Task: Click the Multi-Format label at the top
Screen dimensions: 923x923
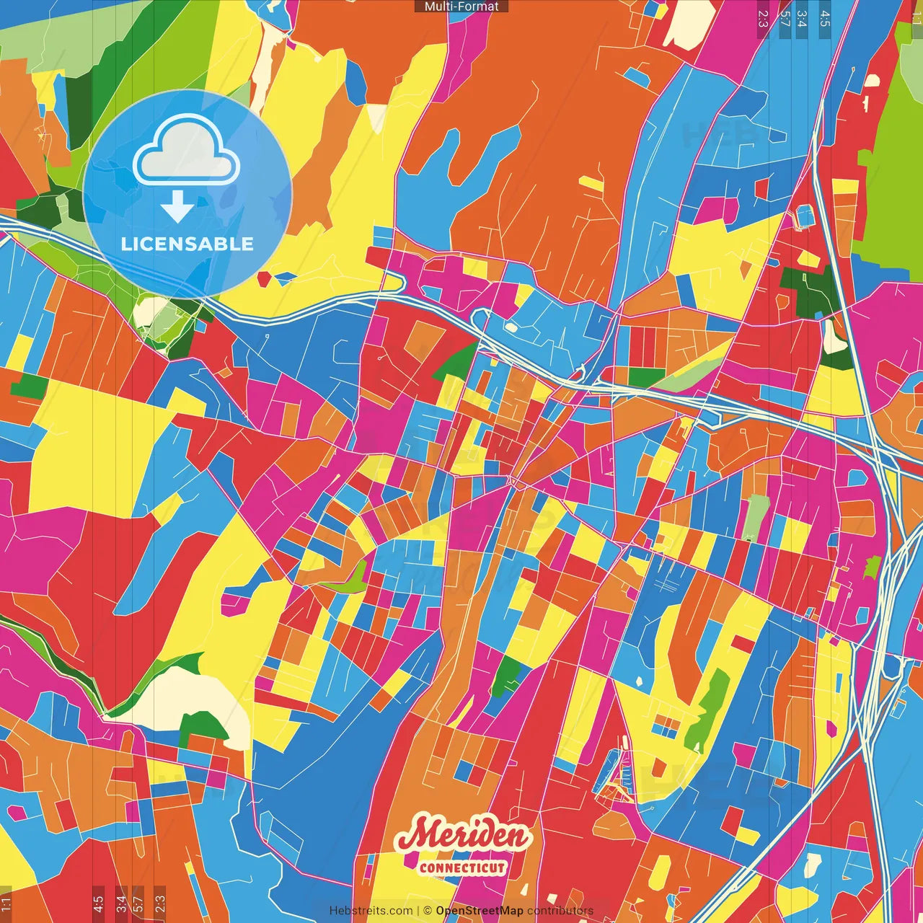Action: (x=461, y=6)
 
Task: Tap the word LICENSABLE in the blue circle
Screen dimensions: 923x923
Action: (x=187, y=244)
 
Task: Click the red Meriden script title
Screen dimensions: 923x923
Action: (x=463, y=836)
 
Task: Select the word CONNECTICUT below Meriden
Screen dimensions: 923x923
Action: (x=462, y=867)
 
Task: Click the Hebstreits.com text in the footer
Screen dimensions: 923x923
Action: (x=371, y=911)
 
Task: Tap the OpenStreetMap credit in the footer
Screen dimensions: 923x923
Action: (x=480, y=911)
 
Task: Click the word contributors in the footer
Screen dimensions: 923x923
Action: (x=560, y=911)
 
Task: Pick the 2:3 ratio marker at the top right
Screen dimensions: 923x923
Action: (x=763, y=18)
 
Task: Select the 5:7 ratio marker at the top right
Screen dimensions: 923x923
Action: (x=785, y=18)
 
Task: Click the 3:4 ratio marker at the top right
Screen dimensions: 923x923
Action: (x=802, y=18)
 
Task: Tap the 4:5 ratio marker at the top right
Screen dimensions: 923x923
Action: (x=825, y=18)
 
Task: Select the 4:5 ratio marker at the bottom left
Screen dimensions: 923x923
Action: (x=98, y=904)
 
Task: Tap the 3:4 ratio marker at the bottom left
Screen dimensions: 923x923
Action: (x=121, y=904)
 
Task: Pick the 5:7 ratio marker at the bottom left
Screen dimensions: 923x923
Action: (x=138, y=904)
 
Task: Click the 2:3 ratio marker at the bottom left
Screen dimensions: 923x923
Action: (x=160, y=904)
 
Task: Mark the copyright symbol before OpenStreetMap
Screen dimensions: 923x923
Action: (x=428, y=911)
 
